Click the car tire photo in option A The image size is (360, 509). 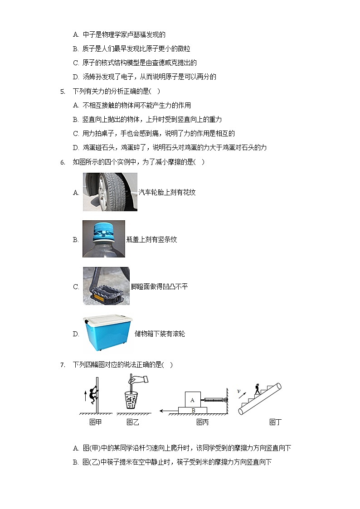click(110, 192)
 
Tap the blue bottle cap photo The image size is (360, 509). click(104, 239)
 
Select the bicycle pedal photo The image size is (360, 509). click(106, 286)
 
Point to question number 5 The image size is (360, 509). click(63, 92)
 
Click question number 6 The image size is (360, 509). click(63, 162)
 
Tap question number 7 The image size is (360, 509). click(63, 364)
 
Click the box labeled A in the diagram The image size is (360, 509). click(193, 400)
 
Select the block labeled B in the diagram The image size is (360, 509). click(193, 410)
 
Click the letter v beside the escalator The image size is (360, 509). click(239, 391)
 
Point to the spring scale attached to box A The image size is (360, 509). click(214, 400)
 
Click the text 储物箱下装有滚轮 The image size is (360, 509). click(160, 334)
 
